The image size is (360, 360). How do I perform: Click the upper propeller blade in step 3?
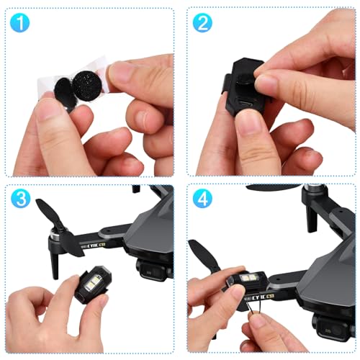point(48,214)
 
